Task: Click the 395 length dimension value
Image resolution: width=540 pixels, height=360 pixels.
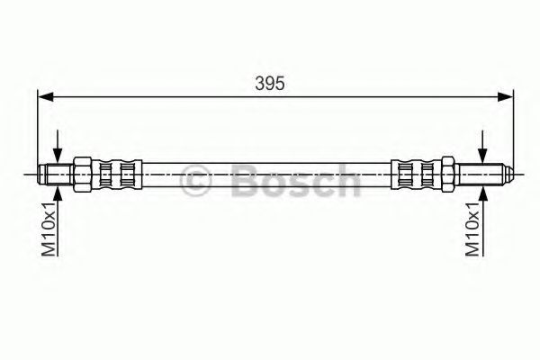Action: (x=270, y=84)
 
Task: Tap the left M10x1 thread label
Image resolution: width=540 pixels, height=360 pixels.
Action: (x=49, y=229)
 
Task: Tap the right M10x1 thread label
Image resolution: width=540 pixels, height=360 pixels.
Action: (x=472, y=229)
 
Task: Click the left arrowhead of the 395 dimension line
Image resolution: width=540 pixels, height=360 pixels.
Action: (x=46, y=97)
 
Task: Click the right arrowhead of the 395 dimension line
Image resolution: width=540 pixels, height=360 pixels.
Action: (x=505, y=97)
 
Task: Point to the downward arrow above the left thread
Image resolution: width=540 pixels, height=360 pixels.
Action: (x=58, y=146)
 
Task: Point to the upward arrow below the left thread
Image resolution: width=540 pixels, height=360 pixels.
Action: (x=58, y=222)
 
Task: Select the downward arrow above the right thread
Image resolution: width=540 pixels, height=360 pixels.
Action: (x=483, y=146)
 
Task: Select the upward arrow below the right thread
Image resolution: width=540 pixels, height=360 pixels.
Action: (x=483, y=222)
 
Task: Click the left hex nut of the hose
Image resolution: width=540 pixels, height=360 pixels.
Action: (x=82, y=175)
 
